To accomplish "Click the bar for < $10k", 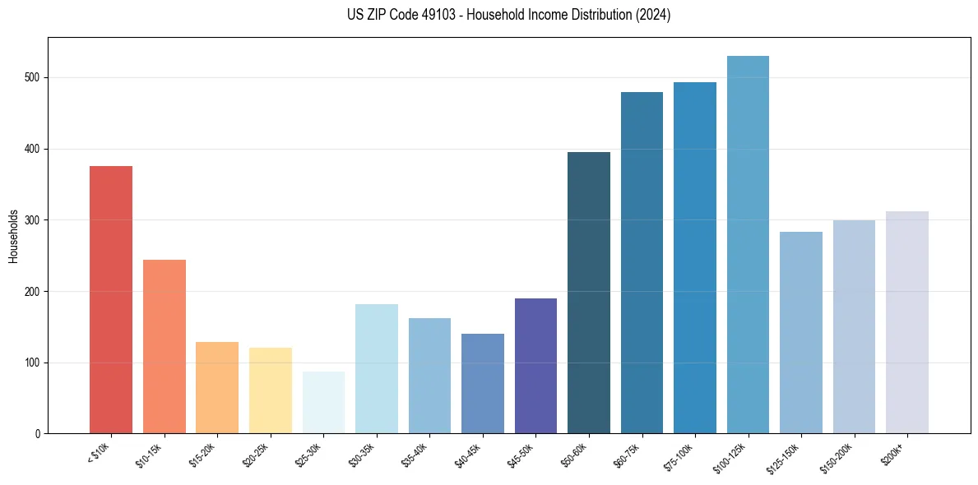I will click(111, 300).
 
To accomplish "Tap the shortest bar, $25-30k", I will click(323, 403).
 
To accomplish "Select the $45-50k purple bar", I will click(535, 366).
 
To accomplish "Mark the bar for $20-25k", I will click(271, 390).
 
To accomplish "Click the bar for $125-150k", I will click(801, 333).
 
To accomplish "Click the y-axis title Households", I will click(14, 236).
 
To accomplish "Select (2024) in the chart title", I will click(654, 15).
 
